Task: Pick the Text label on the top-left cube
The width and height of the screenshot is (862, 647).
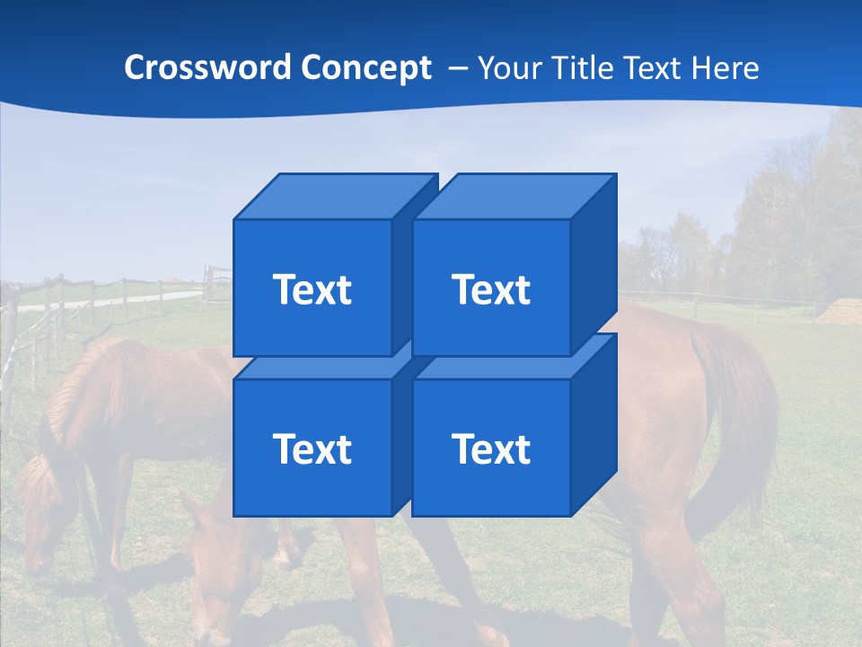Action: (312, 289)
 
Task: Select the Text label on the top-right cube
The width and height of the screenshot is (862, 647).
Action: (490, 289)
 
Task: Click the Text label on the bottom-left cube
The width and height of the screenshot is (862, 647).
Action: (312, 448)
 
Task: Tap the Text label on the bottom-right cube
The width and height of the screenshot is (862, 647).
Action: (490, 448)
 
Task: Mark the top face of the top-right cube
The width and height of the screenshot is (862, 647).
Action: (514, 196)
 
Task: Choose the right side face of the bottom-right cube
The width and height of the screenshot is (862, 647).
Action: (594, 424)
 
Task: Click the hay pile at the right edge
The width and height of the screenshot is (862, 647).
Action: (840, 312)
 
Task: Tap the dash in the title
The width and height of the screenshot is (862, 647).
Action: (456, 68)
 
